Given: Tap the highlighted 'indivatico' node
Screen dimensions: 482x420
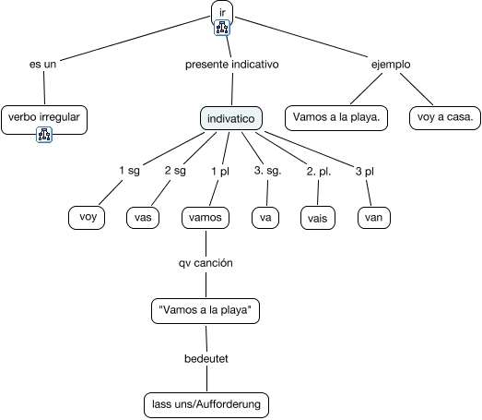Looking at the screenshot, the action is coord(231,118).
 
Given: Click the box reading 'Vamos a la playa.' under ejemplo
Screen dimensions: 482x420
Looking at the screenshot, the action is coord(336,117).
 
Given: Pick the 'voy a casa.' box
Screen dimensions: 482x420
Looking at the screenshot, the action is coord(445,117).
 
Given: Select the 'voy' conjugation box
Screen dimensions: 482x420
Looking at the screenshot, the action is coord(87,218).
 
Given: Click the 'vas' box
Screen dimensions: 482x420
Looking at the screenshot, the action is coord(143,218).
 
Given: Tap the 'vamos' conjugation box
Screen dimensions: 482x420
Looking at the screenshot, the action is coord(206,218).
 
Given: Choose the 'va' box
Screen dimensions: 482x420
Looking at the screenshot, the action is coord(265,218).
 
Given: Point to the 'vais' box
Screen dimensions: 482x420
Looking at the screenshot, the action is coord(318,218).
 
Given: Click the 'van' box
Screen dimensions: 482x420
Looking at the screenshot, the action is coord(374,218).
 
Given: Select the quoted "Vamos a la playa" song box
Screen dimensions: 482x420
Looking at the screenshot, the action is coord(206,311).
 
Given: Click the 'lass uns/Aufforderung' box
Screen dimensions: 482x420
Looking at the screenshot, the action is coord(206,405).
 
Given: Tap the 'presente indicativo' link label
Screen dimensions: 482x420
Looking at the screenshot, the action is coord(232,65).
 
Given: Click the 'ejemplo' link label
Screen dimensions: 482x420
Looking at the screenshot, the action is coord(391,65).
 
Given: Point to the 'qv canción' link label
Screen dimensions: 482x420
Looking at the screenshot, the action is coord(206,263).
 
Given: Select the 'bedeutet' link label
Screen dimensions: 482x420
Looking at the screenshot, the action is coord(206,359).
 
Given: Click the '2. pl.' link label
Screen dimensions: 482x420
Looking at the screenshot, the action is coord(319,172).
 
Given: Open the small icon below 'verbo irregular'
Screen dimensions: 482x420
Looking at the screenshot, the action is coord(44,135).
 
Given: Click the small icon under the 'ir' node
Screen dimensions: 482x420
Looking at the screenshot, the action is coord(222,28).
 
